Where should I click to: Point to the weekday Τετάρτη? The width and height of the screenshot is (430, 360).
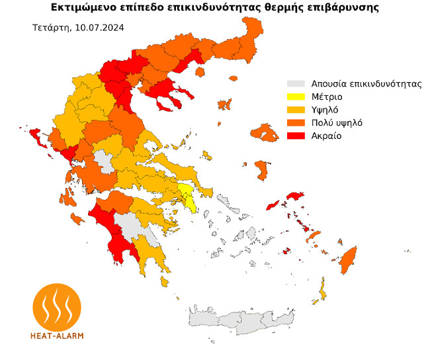[49, 28]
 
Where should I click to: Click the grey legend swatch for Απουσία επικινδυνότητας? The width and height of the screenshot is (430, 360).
[296, 84]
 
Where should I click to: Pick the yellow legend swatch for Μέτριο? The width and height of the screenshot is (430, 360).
[296, 97]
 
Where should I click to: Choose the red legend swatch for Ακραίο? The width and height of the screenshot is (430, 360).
[296, 136]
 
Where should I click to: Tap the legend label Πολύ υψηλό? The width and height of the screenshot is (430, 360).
[337, 123]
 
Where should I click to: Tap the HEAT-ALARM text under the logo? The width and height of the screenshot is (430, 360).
[58, 336]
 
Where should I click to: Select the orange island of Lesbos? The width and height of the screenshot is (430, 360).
[268, 135]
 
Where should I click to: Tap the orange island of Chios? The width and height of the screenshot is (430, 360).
[263, 169]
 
